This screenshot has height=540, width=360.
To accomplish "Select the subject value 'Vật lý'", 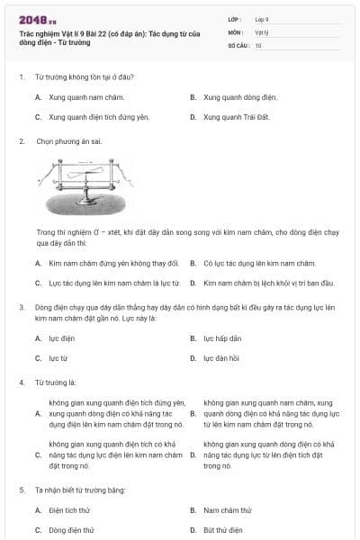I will tap(262, 31).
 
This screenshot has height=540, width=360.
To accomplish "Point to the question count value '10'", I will tap(258, 45).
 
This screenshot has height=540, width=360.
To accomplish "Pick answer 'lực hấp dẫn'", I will tap(222, 338).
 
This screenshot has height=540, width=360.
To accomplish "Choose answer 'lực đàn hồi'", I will tap(220, 358).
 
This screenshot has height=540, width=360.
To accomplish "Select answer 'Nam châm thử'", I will tap(227, 510).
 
